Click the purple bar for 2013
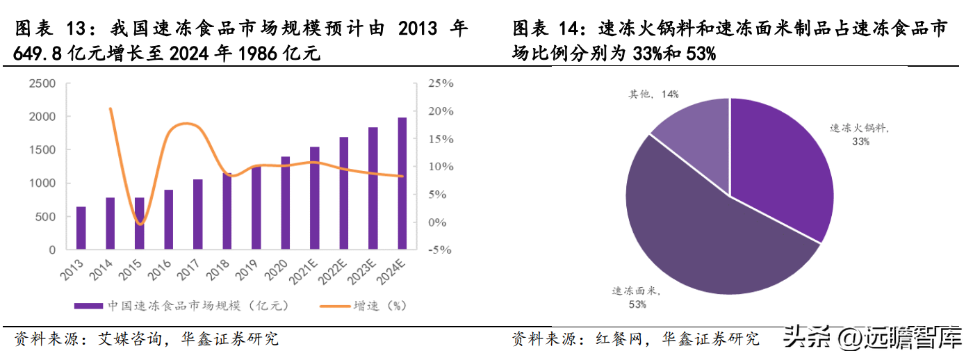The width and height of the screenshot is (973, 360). (81, 228)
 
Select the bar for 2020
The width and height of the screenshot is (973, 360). (285, 203)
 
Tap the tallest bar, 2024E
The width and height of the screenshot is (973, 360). (402, 183)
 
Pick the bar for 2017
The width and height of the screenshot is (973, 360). (198, 214)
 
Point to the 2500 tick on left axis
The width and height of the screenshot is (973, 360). (42, 83)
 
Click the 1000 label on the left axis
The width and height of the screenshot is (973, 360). (42, 183)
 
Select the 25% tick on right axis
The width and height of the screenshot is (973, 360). (440, 83)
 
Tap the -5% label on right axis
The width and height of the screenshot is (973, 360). (440, 250)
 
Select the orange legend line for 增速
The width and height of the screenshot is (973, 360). (334, 305)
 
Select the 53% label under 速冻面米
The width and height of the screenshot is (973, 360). (638, 304)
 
